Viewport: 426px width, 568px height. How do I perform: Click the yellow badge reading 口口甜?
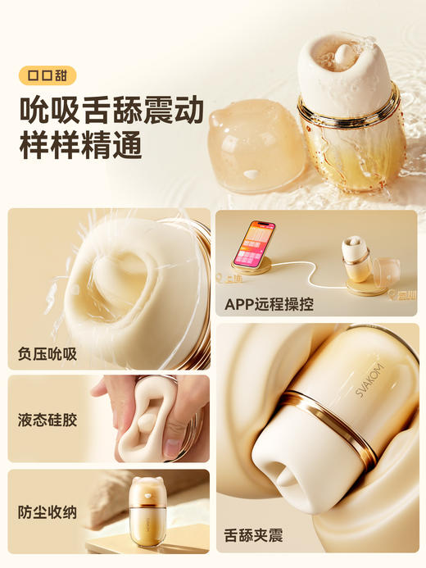47,75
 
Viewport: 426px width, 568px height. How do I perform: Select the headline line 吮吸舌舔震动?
111,109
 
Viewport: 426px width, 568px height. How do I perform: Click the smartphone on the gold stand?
255,242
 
